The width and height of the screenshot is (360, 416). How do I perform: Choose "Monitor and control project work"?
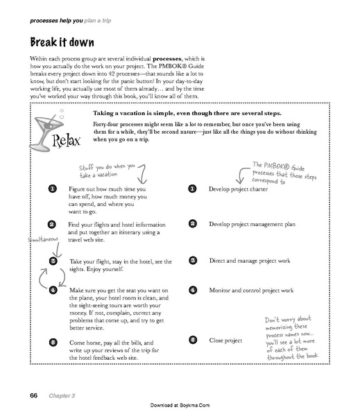251,290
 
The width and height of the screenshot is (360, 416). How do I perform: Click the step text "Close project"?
225,340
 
